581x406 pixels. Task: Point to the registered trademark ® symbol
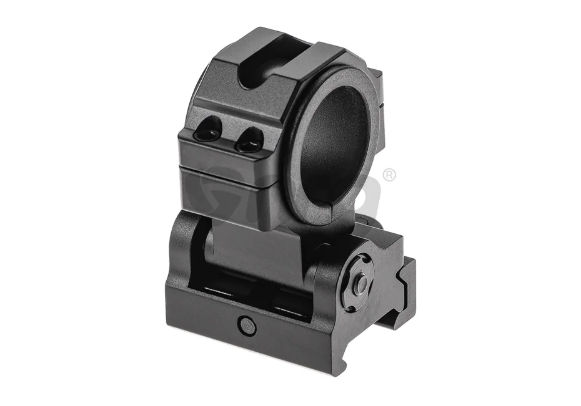pos(390,175)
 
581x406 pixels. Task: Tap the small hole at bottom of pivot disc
pos(350,302)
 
